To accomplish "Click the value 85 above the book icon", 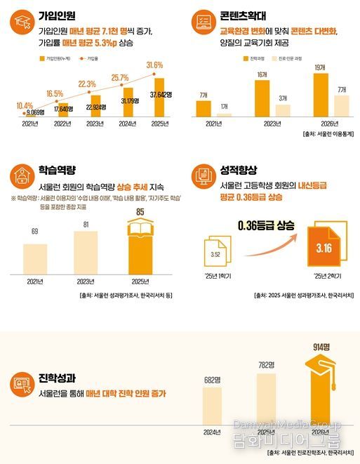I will (x=141, y=211).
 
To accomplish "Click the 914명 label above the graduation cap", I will (x=322, y=346).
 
